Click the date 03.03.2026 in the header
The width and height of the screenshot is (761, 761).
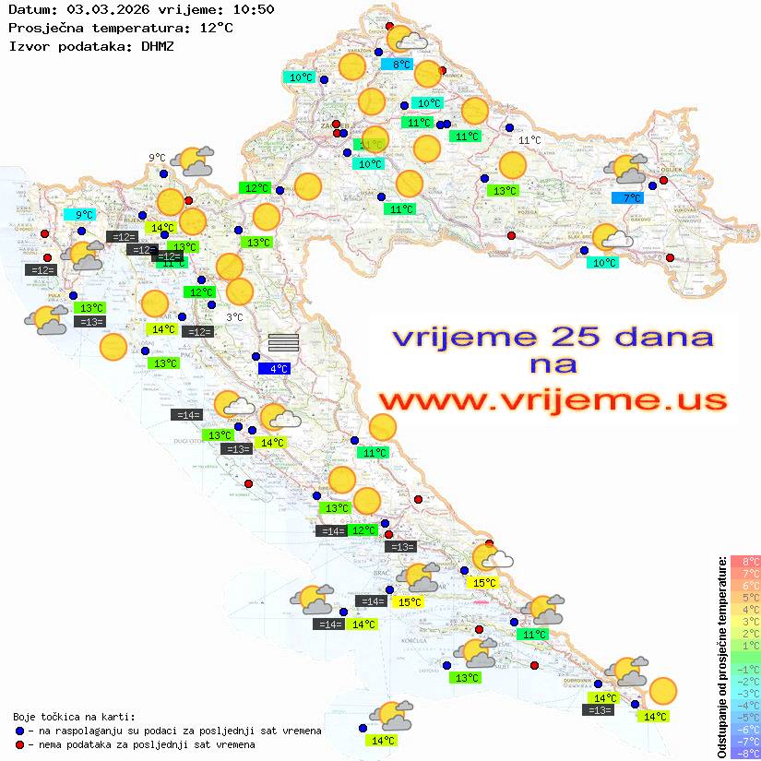click(104, 10)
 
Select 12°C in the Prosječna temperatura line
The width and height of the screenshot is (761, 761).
click(216, 28)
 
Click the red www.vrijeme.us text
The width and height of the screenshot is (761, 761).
click(552, 400)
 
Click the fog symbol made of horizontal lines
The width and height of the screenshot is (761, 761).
click(283, 342)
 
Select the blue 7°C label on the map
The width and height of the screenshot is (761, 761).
click(632, 198)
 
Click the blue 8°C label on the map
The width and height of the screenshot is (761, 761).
click(401, 65)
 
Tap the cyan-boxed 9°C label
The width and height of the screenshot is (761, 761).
click(84, 215)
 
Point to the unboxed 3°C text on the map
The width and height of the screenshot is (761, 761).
click(234, 317)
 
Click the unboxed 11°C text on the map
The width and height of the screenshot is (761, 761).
click(529, 140)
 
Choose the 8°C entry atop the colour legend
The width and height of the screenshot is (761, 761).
click(745, 561)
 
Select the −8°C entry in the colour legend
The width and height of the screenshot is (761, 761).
click(745, 753)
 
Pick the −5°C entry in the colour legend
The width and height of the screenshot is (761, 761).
click(745, 717)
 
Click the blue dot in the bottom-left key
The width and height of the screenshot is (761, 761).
click(20, 731)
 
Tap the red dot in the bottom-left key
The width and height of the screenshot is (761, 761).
click(20, 744)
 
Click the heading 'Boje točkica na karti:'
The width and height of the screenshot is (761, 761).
click(74, 716)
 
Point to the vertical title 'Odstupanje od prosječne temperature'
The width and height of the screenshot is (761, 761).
click(721, 657)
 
